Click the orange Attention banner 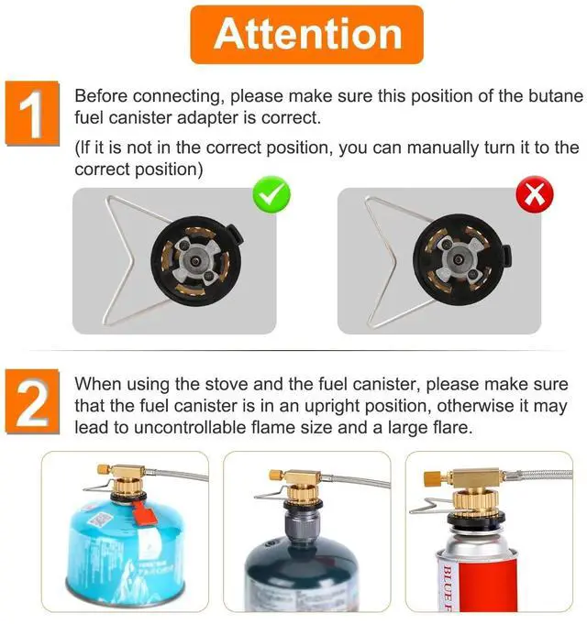[x=307, y=34]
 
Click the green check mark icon [x=272, y=194]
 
